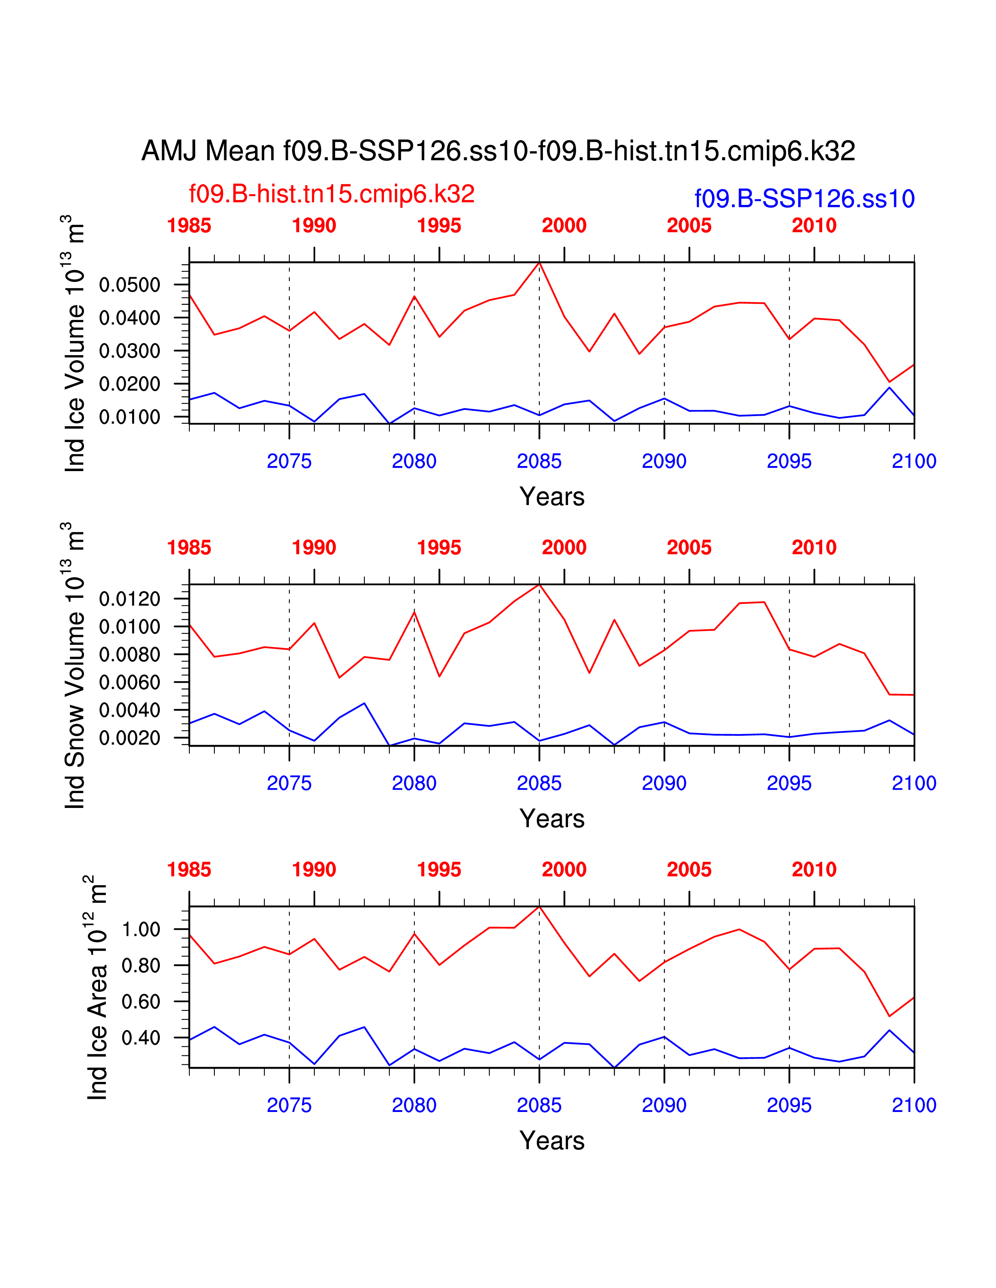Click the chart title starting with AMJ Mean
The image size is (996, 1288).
(498, 151)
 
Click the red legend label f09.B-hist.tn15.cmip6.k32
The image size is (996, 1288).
(332, 194)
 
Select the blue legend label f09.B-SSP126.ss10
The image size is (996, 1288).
(804, 199)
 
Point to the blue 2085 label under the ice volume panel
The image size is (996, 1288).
(539, 461)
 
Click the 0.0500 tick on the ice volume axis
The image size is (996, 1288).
(130, 285)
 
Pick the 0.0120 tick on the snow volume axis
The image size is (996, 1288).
(130, 599)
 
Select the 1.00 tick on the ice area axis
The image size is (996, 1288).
(141, 929)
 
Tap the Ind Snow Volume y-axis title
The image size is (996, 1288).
(75, 665)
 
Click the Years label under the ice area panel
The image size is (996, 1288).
(552, 1140)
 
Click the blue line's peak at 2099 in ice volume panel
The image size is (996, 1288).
(889, 388)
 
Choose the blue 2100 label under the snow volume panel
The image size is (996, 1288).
(914, 783)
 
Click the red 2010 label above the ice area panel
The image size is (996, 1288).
(814, 869)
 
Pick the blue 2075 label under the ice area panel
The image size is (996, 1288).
(289, 1105)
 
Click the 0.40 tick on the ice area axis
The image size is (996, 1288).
(141, 1038)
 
